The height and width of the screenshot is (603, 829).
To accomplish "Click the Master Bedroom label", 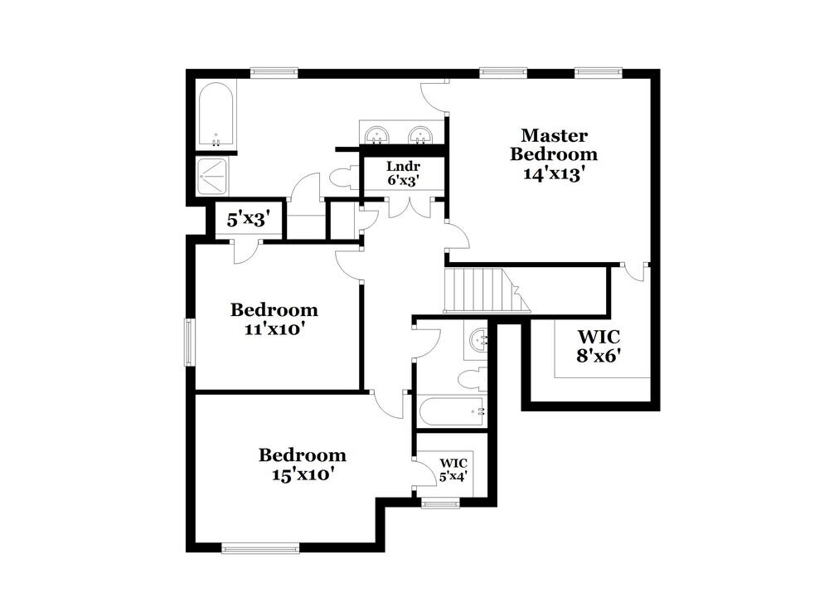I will pyautogui.click(x=554, y=145).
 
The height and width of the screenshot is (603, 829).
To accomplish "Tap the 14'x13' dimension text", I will pyautogui.click(x=554, y=173).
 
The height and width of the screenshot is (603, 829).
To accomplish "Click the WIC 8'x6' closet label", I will pyautogui.click(x=599, y=348).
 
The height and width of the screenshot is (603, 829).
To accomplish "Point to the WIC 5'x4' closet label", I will pyautogui.click(x=453, y=469).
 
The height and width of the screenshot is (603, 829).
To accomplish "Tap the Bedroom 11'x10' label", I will pyautogui.click(x=274, y=319).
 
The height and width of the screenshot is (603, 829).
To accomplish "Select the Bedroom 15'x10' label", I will pyautogui.click(x=302, y=464).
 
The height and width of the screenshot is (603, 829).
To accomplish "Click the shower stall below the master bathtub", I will pyautogui.click(x=215, y=175).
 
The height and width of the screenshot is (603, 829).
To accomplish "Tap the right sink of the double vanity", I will pyautogui.click(x=422, y=134).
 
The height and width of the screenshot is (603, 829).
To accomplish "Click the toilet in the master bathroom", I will pyautogui.click(x=342, y=179).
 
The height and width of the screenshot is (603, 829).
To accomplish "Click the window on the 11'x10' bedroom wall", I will pyautogui.click(x=189, y=341).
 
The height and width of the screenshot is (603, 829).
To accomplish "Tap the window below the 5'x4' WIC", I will pyautogui.click(x=439, y=502).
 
